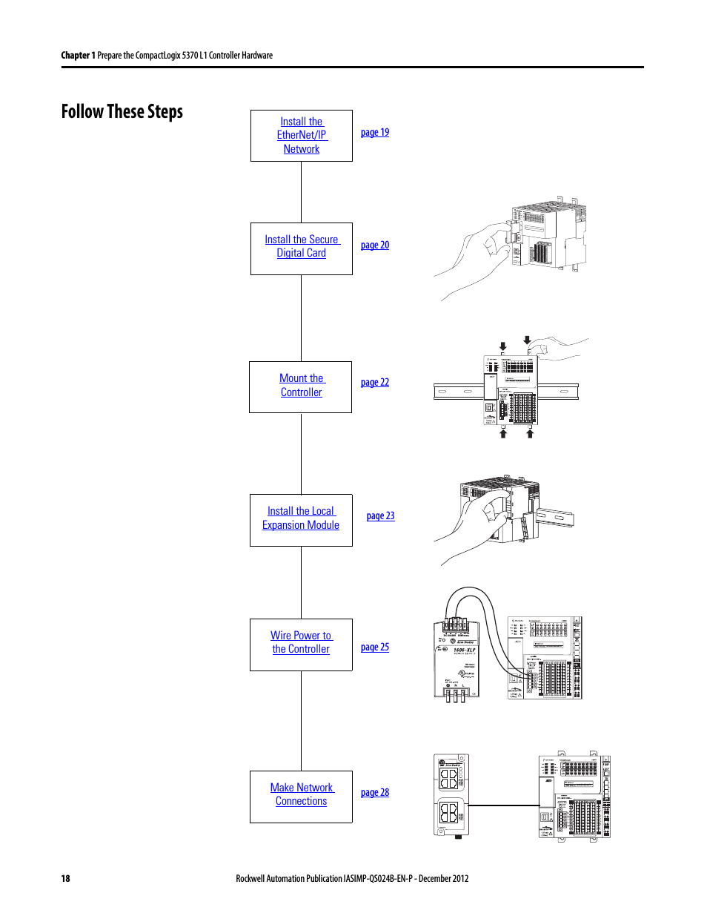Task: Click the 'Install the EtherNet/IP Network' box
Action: coord(302,136)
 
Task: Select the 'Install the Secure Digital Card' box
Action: coord(302,248)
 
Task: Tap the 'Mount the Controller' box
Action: coord(301,386)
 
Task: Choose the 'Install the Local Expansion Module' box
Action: coord(301,520)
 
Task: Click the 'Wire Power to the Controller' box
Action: coord(301,644)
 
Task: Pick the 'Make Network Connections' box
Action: coord(301,796)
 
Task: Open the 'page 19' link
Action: coord(374,133)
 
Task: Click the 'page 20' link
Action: coord(374,246)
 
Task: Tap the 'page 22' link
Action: coord(374,383)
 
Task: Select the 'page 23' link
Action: coord(380,516)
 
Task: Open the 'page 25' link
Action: coord(374,648)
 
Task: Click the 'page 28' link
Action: coord(374,793)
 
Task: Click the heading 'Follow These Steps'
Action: coord(122,112)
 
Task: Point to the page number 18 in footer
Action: coord(65,878)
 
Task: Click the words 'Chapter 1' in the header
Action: coord(77,56)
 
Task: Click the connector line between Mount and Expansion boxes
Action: coord(301,453)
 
